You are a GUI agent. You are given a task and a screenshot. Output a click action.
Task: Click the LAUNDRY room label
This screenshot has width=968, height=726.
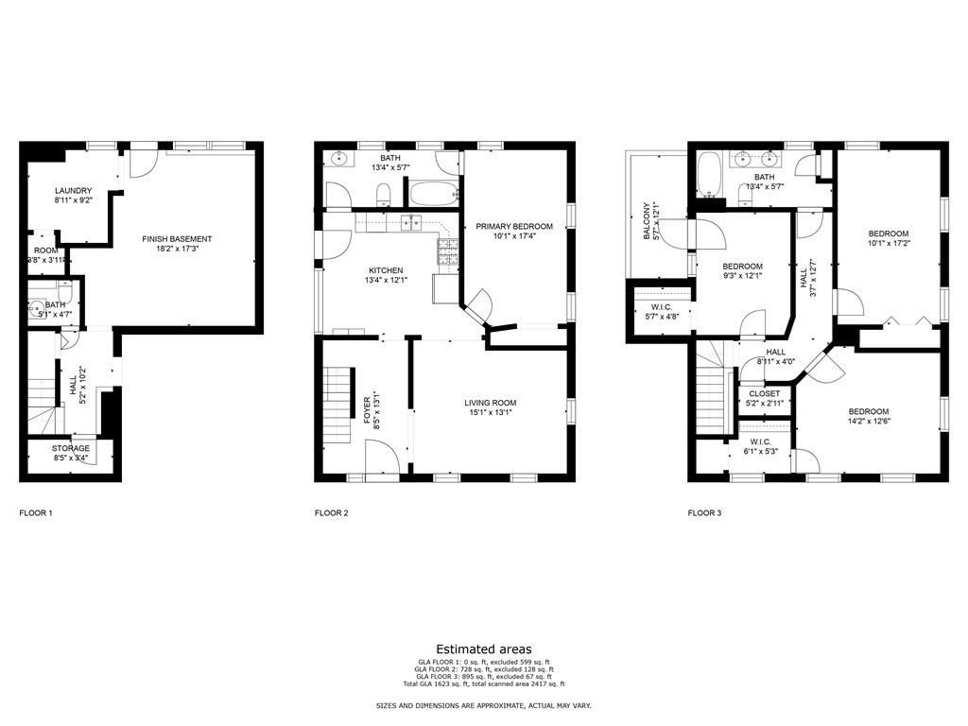pos(73,190)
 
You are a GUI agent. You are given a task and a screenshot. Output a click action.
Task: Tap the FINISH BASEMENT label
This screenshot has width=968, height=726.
pos(178,239)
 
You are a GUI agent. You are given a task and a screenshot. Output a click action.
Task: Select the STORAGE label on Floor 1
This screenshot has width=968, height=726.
pos(71,448)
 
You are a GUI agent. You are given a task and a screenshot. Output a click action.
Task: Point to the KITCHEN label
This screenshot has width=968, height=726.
pos(386,270)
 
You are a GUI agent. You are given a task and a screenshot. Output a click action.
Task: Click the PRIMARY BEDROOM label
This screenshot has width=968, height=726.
pos(514,226)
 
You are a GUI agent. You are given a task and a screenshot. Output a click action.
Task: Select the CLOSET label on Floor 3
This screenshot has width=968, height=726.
pos(765,393)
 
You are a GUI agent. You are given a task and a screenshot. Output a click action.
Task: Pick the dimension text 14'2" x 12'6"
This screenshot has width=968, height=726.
pos(868,422)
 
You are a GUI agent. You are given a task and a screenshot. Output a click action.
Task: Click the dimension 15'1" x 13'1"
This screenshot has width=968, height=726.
pos(490,411)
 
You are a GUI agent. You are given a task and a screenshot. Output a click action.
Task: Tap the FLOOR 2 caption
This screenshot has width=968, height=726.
pos(332,513)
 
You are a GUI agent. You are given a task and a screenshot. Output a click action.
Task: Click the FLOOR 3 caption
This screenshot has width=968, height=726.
pos(704,513)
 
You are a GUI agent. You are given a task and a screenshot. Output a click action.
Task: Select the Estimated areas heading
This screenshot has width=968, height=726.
pos(483,649)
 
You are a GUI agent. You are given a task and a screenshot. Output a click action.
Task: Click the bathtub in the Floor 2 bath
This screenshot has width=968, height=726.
pos(432,194)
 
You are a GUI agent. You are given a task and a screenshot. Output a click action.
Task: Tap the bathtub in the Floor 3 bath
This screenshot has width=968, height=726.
pos(709,173)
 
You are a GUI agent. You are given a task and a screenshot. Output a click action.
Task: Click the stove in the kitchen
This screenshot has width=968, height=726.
pos(447,251)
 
